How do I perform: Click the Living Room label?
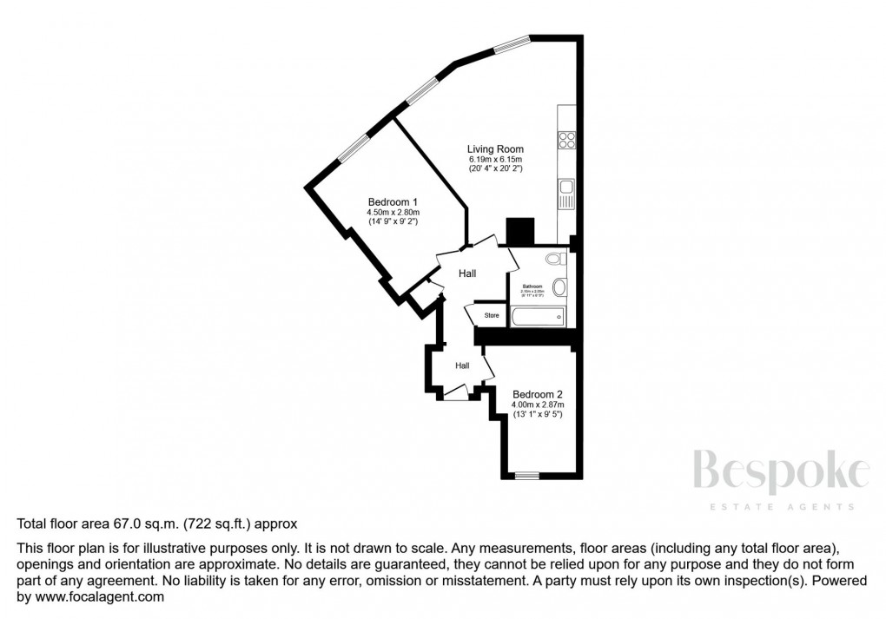[x=496, y=149]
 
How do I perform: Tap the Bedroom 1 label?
[x=393, y=202]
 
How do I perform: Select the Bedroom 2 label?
[x=537, y=393]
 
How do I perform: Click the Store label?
[x=492, y=315]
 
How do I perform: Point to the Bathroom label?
[x=532, y=286]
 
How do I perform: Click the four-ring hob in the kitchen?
[x=567, y=140]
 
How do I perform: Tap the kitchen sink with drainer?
[x=566, y=194]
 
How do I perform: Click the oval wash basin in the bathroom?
[x=559, y=286]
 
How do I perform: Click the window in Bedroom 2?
[x=526, y=475]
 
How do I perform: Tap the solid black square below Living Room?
[x=520, y=232]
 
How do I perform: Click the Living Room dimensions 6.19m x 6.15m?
[x=496, y=160]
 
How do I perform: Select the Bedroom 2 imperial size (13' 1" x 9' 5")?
[x=537, y=415]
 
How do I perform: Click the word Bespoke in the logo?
[x=781, y=474]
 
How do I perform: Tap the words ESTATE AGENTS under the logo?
[x=781, y=507]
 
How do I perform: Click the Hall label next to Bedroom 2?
[x=462, y=365]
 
